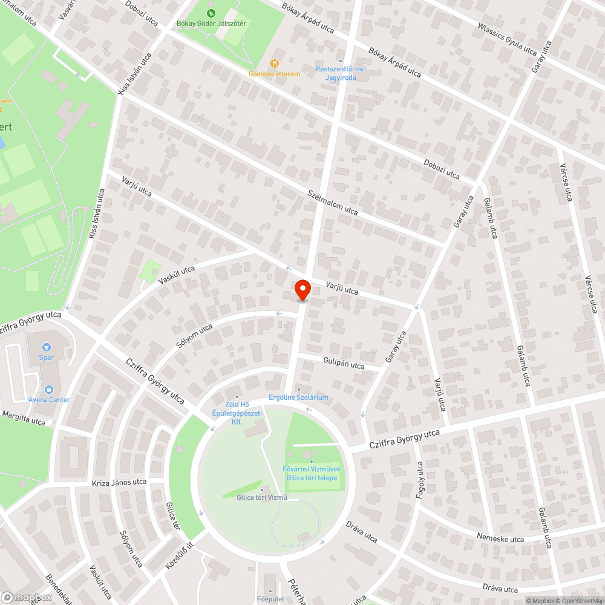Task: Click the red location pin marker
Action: click(302, 289)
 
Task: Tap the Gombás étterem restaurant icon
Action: click(275, 62)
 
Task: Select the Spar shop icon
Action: click(47, 347)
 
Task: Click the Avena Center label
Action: click(49, 399)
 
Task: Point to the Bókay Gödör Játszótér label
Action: click(211, 24)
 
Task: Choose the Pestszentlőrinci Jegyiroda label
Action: click(341, 73)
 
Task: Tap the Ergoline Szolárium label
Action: click(298, 397)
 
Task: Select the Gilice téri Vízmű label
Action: click(262, 497)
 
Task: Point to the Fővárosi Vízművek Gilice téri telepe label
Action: click(312, 473)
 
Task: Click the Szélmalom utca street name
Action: click(333, 202)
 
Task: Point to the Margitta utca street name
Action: click(24, 418)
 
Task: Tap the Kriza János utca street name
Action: click(119, 483)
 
